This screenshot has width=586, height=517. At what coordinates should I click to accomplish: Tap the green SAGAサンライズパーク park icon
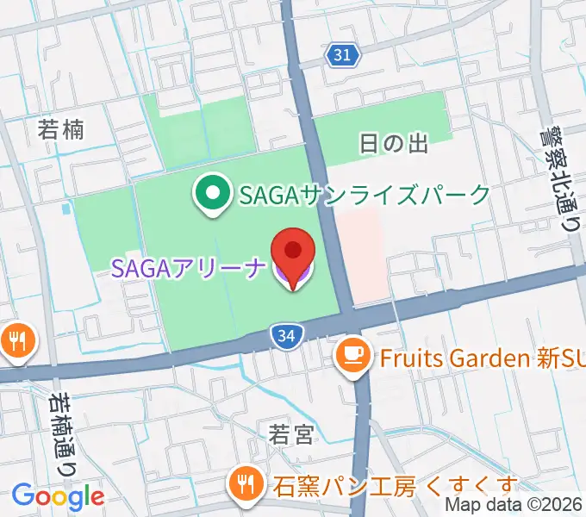[212, 195]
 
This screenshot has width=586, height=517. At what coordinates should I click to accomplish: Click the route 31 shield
[343, 55]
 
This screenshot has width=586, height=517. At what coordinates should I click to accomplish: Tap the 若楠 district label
[61, 130]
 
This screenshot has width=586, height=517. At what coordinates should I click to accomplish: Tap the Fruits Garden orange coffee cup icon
[352, 356]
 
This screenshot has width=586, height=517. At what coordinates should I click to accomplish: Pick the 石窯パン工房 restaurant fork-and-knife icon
[246, 485]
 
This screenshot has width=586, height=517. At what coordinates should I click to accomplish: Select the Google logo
[58, 496]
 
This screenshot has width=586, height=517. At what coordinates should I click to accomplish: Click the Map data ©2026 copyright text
[515, 506]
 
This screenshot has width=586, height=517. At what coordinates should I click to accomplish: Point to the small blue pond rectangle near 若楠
[66, 209]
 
